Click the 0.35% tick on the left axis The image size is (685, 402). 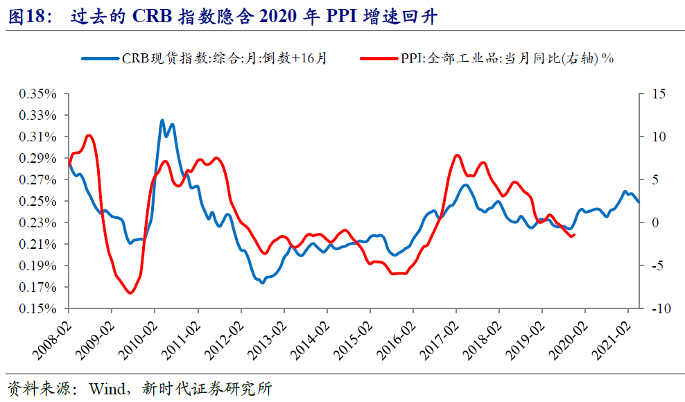[39, 94]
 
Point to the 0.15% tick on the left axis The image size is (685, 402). [39, 309]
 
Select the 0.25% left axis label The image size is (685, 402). [39, 201]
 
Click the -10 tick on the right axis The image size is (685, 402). [655, 309]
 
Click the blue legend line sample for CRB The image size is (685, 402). [101, 59]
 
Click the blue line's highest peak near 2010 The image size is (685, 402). [162, 121]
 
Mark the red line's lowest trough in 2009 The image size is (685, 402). [130, 293]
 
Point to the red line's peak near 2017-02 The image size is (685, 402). [456, 155]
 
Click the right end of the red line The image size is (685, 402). [575, 234]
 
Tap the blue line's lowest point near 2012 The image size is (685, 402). [262, 283]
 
